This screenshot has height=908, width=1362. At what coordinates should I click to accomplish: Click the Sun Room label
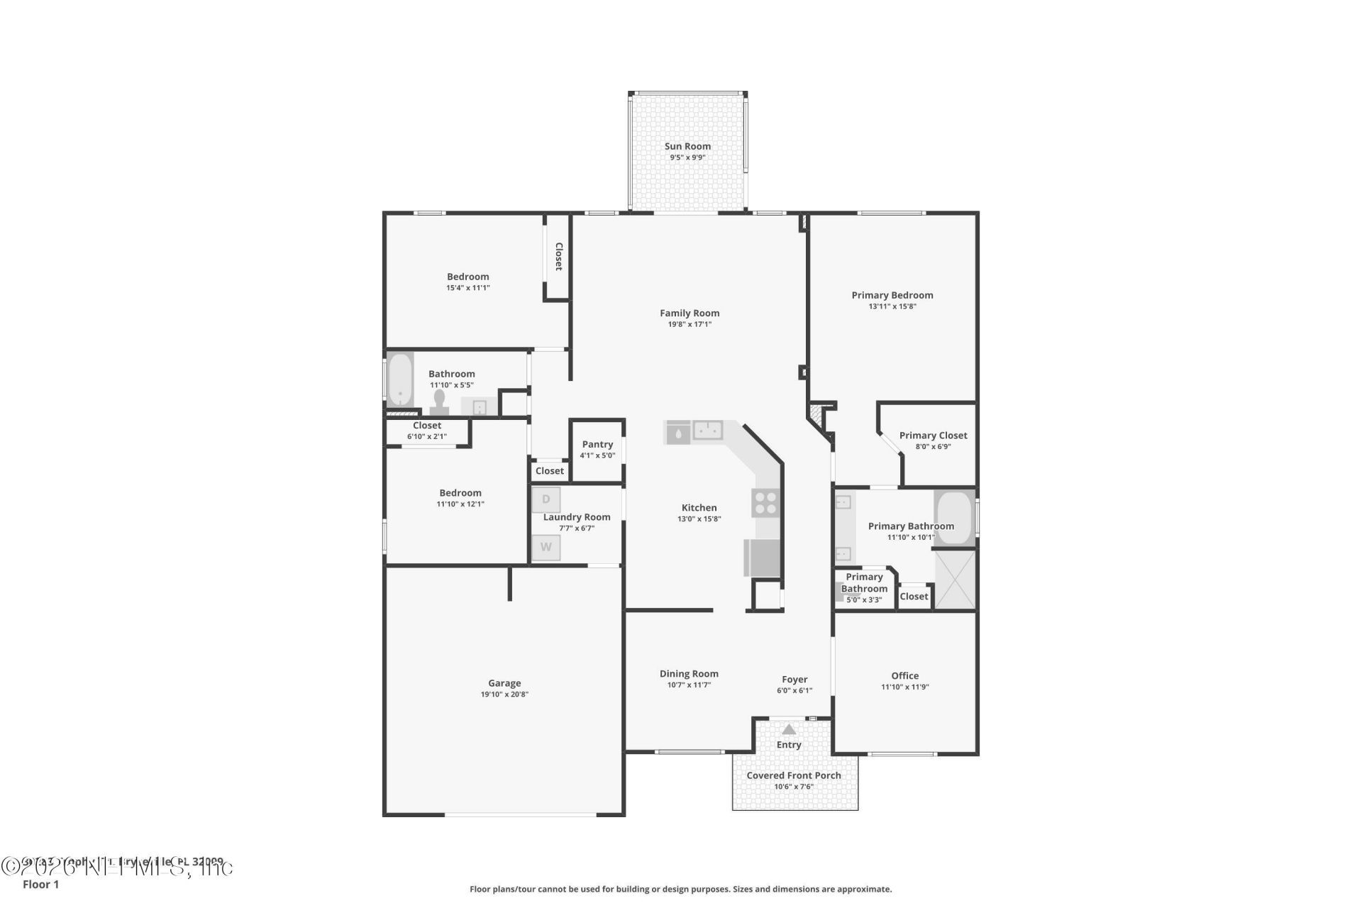point(687,146)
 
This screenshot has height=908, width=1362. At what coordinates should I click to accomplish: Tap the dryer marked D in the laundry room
point(546,499)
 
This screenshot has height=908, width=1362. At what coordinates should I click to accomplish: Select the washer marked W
point(546,547)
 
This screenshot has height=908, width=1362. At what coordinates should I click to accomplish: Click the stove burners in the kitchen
point(765,503)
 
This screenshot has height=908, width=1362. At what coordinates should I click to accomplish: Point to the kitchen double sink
point(707,430)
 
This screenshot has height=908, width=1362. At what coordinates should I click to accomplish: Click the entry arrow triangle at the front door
point(789,729)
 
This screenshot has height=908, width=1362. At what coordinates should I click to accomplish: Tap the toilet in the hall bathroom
point(439,402)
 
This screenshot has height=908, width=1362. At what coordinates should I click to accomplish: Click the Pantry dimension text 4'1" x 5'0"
point(597,455)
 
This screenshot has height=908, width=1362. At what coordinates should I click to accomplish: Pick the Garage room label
point(504,683)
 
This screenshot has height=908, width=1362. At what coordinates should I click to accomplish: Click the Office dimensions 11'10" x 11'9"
point(904,687)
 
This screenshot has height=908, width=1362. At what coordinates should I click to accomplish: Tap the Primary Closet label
point(933,436)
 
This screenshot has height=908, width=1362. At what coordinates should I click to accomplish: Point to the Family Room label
point(690,313)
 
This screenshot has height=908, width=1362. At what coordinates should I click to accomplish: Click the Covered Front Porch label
point(794,775)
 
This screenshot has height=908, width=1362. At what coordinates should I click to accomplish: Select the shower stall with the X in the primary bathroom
point(955,579)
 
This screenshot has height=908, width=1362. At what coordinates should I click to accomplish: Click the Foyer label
point(794,679)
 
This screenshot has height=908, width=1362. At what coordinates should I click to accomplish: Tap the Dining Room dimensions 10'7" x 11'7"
point(689,685)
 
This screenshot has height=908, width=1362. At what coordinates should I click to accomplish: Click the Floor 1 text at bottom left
point(41,884)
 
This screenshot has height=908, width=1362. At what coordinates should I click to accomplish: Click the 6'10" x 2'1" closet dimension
point(427,436)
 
